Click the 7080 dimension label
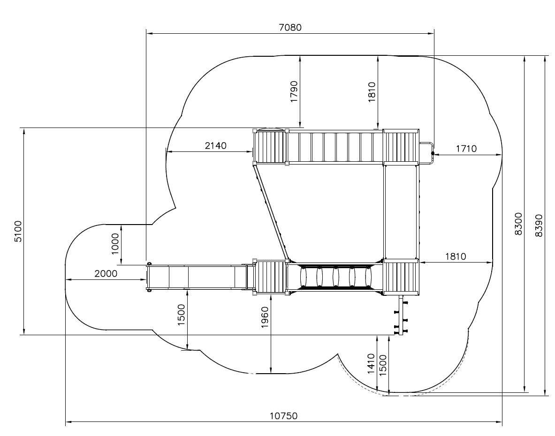(x=290, y=27)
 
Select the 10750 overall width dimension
(x=284, y=416)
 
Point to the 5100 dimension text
(x=18, y=231)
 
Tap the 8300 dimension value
(x=518, y=224)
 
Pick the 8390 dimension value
(x=539, y=225)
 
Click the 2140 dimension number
(x=215, y=145)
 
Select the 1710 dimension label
(x=466, y=149)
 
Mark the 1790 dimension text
(x=294, y=91)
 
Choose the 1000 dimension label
(x=115, y=244)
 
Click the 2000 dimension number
(x=106, y=273)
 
